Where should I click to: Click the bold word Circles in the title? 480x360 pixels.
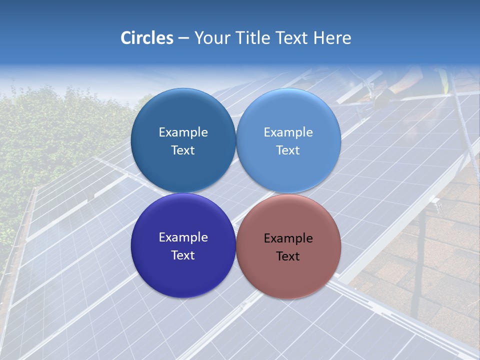pos(147,38)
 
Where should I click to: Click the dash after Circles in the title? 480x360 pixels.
pos(183,38)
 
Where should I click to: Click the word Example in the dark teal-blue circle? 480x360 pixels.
pos(183,132)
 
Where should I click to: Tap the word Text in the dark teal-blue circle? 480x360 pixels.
pos(183,150)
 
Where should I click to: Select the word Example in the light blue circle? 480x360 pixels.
pos(288,132)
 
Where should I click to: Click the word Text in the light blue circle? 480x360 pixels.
pos(288,150)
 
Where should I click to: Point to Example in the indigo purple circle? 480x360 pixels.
pos(183,237)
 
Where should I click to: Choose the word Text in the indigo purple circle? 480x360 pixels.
pos(183,255)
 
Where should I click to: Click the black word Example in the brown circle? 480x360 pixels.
pos(288,238)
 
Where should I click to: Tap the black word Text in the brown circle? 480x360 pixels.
pos(288,256)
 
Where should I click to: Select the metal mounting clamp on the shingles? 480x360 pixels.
pos(436,204)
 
